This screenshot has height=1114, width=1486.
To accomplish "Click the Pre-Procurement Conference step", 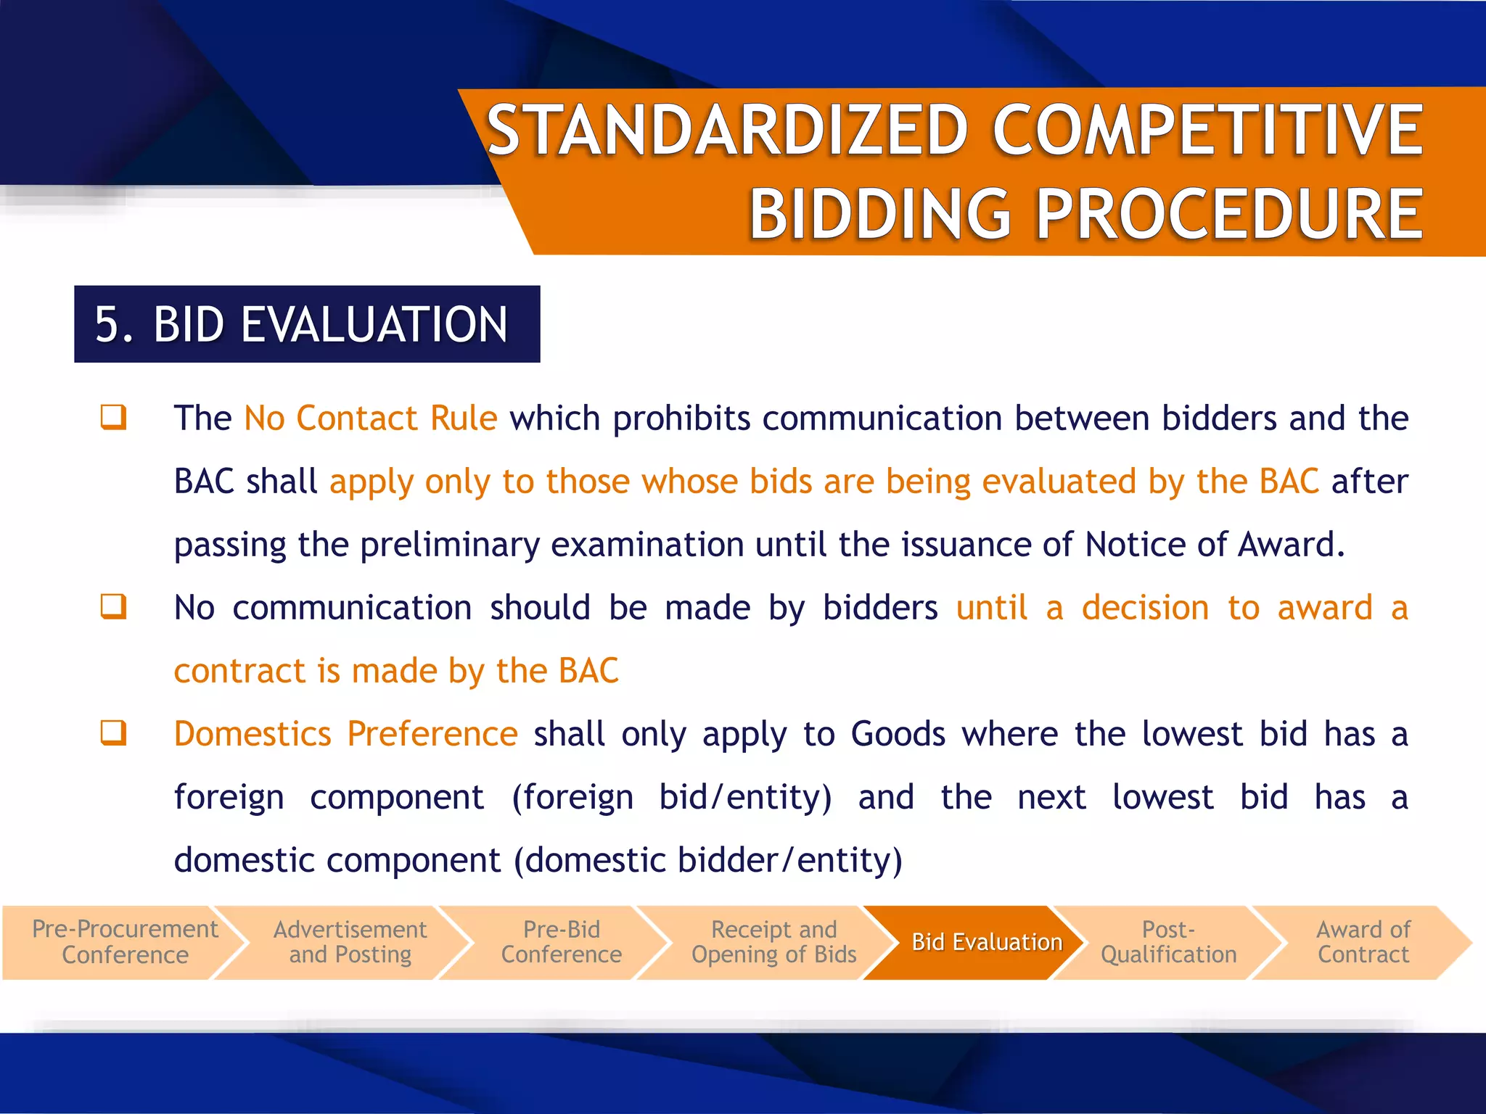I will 125,941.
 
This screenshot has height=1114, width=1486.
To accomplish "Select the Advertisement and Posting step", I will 350,941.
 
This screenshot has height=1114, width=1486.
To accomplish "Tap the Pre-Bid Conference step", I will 561,941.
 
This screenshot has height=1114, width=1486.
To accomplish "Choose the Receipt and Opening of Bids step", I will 773,941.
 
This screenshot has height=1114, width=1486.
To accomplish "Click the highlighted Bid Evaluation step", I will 986,941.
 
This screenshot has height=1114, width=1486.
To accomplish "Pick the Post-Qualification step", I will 1168,941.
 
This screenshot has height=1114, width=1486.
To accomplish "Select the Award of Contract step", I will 1363,941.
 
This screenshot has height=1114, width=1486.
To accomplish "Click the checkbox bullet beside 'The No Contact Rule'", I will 114,417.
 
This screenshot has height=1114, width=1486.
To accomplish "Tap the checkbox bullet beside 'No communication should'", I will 114,606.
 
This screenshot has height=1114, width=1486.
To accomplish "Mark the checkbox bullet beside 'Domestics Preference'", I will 114,733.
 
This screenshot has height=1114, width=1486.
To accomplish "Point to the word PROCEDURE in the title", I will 1229,214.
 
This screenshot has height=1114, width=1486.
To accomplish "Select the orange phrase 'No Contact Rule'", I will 371,418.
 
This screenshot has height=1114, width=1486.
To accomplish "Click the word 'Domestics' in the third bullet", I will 253,734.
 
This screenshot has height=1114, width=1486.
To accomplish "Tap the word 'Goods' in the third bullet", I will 898,734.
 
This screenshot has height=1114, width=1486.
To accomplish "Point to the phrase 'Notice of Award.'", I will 1215,545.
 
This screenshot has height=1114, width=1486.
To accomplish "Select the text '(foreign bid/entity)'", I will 672,797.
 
